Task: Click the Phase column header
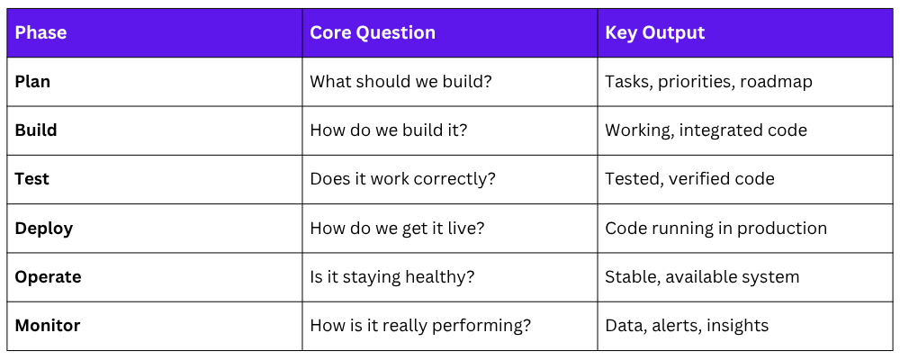(x=40, y=32)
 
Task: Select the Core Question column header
(x=373, y=32)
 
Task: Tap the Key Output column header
(x=655, y=32)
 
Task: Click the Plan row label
(x=32, y=82)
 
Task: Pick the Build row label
(x=36, y=130)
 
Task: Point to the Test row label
(x=32, y=179)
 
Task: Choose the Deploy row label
(x=43, y=229)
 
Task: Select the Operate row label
(x=49, y=277)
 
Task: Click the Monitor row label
(x=48, y=326)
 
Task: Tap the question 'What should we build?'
(x=400, y=82)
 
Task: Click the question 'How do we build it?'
(x=389, y=130)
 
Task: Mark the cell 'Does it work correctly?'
(x=402, y=179)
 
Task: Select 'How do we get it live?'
(x=397, y=229)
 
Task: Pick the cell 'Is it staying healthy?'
(x=392, y=277)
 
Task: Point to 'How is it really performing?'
(x=420, y=326)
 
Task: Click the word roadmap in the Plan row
(x=776, y=82)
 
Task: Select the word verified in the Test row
(x=695, y=179)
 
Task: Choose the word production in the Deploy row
(x=782, y=229)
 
